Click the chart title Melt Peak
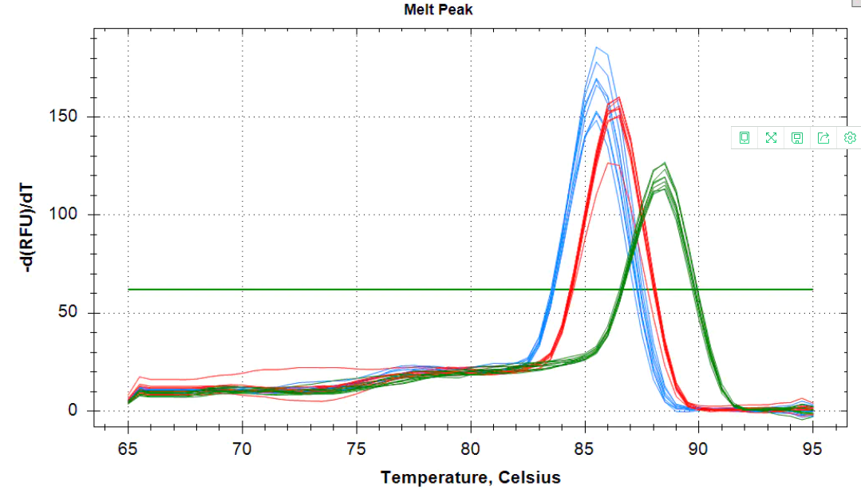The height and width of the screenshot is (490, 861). (438, 10)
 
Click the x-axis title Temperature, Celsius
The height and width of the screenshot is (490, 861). (470, 477)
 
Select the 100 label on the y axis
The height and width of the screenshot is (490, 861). (69, 215)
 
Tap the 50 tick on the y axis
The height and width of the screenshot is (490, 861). (74, 313)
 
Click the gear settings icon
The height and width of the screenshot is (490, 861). (850, 138)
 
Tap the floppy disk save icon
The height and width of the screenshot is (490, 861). (796, 138)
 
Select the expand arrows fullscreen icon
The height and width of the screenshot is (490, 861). (771, 138)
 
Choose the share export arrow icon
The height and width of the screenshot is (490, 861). (823, 138)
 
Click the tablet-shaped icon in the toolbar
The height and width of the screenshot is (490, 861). (744, 138)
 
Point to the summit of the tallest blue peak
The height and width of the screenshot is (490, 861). (596, 47)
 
